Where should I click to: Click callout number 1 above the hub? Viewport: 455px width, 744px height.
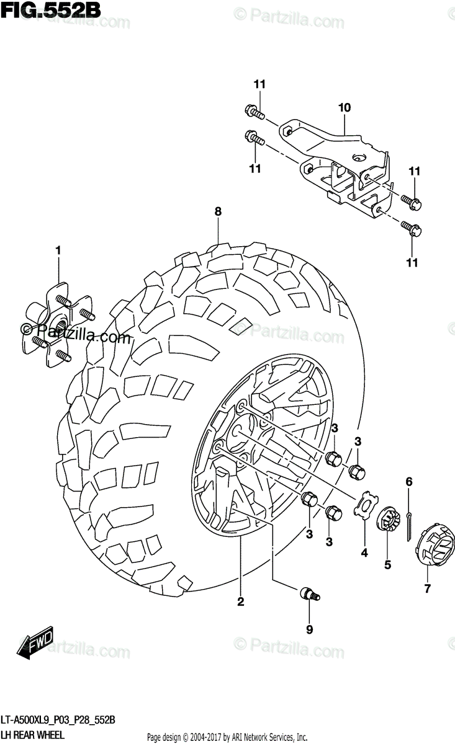coord(58,250)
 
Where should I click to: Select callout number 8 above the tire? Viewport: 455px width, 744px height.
coord(218,212)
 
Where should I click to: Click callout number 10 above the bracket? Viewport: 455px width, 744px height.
coord(345,108)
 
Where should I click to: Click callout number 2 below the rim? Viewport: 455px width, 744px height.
coord(240,601)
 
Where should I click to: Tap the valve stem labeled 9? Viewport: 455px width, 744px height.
coord(309,594)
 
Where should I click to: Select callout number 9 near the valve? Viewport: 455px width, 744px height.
coord(309,630)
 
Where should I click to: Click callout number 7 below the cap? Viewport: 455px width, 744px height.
coord(427,590)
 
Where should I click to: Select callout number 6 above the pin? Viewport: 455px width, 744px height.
coord(409,481)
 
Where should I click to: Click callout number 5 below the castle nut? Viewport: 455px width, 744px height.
coord(387,565)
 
